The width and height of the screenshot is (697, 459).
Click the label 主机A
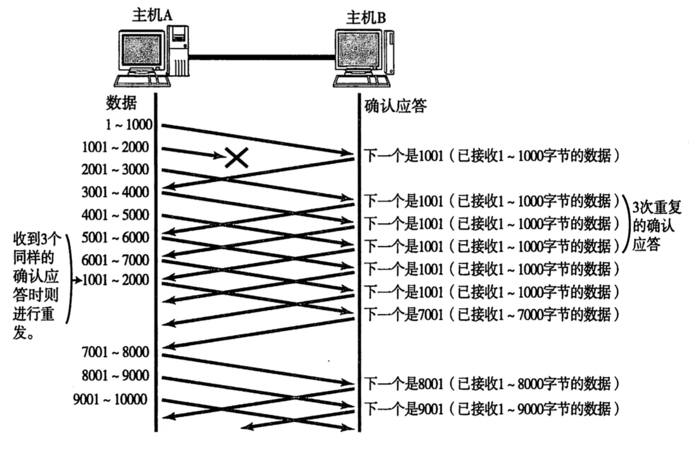pos(152,16)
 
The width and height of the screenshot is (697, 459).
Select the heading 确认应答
pos(396,106)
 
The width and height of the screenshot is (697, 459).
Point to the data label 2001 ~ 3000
pos(116,170)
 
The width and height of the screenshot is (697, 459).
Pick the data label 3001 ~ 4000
pos(116,192)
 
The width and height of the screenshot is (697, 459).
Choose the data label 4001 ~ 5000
pos(116,215)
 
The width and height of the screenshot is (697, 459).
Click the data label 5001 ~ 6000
pos(116,238)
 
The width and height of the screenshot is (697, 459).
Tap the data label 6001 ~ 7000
pos(116,260)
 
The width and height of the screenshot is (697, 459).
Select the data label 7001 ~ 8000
pos(116,352)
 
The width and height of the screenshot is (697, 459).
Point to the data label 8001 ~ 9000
pos(116,375)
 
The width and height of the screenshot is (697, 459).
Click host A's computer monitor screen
pos(141,51)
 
